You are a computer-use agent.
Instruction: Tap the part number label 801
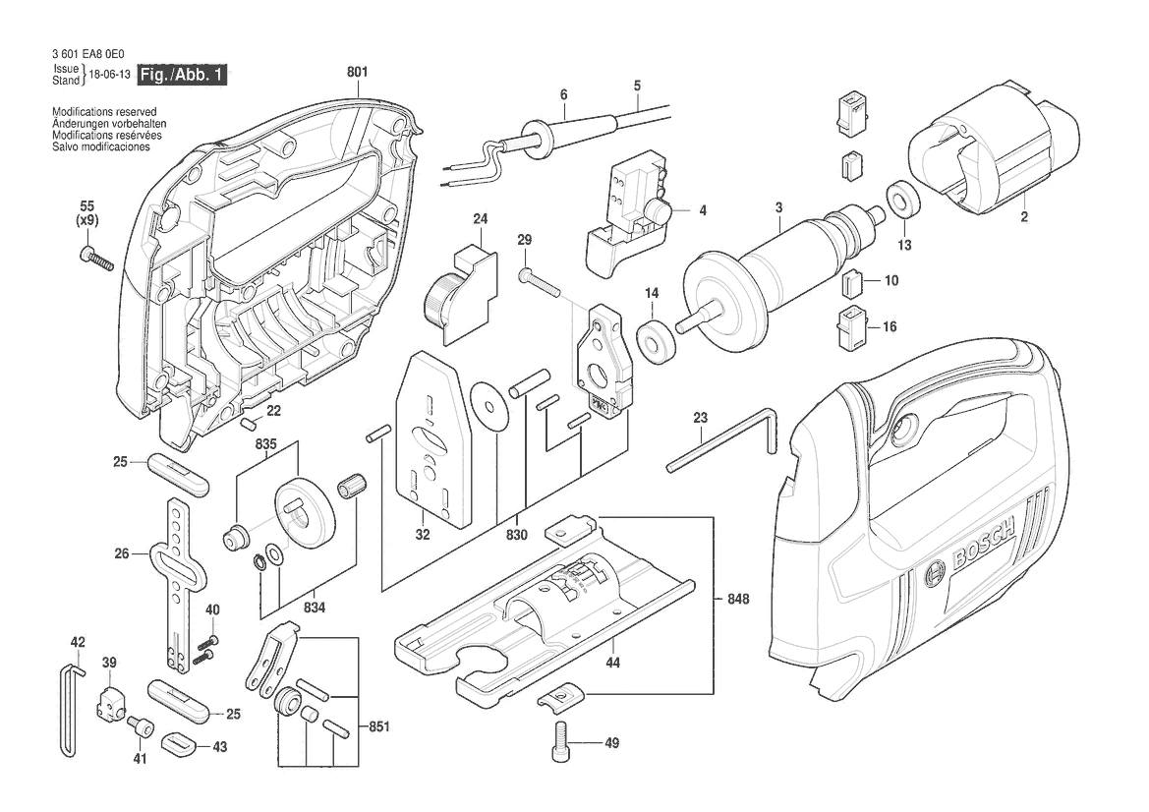click(x=357, y=72)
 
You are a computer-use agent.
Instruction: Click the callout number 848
click(x=739, y=599)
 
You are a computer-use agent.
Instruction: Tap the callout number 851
click(x=378, y=727)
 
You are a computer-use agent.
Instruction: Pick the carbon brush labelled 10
click(x=851, y=284)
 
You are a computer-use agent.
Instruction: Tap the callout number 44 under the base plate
click(x=613, y=663)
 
